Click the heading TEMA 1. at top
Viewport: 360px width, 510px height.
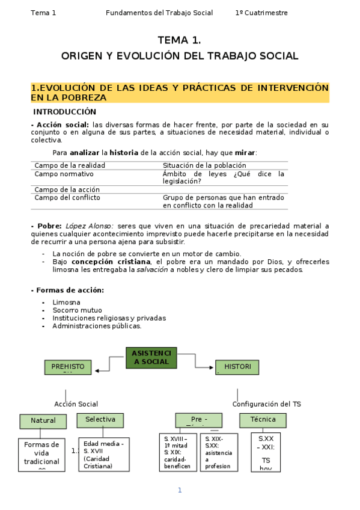click(179, 40)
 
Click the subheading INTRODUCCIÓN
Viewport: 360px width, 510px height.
click(64, 112)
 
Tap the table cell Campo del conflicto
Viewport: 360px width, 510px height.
click(67, 197)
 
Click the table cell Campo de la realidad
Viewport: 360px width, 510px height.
click(70, 165)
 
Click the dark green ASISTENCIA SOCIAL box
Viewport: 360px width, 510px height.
click(151, 357)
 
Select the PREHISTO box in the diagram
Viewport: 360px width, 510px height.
click(68, 367)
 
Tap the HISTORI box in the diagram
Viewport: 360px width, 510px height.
click(237, 367)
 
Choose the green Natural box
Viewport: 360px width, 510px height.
click(43, 421)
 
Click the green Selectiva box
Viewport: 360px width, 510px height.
click(100, 420)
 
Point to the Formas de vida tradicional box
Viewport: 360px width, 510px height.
click(41, 454)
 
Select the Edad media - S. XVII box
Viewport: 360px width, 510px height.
click(104, 454)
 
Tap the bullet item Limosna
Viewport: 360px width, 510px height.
click(66, 303)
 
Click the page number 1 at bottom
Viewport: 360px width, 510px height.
click(179, 490)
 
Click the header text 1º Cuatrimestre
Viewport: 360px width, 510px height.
click(261, 13)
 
